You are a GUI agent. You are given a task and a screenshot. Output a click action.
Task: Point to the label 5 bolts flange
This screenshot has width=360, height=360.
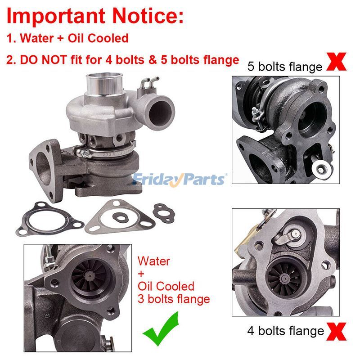pos(285,67)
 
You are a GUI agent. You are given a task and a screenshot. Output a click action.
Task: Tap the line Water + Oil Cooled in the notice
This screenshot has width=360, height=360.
pos(67,38)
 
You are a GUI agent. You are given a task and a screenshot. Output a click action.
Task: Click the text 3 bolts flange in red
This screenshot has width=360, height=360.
pos(174,298)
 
